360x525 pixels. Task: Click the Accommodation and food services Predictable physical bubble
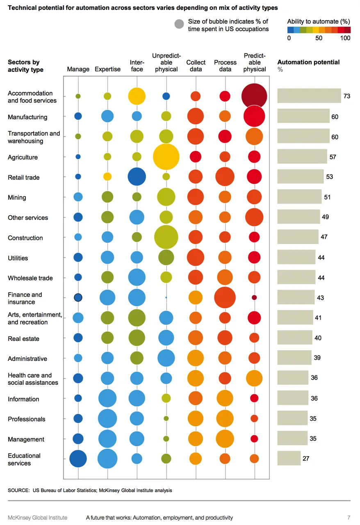pyautogui.click(x=254, y=96)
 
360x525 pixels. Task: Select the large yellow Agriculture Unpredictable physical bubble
pyautogui.click(x=166, y=157)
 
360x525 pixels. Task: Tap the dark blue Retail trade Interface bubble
pyautogui.click(x=137, y=177)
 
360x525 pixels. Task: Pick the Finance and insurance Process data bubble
pyautogui.click(x=225, y=298)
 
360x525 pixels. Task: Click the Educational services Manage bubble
pyautogui.click(x=78, y=459)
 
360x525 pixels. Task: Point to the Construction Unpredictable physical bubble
pyautogui.click(x=166, y=237)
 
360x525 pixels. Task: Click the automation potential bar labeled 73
pyautogui.click(x=309, y=96)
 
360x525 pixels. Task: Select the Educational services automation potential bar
pyautogui.click(x=289, y=459)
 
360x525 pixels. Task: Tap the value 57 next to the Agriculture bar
pyautogui.click(x=333, y=157)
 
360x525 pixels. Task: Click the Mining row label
pyautogui.click(x=17, y=197)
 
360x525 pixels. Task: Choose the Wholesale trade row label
pyautogui.click(x=30, y=278)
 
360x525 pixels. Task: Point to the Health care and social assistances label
pyautogui.click(x=33, y=379)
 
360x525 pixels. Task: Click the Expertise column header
pyautogui.click(x=107, y=69)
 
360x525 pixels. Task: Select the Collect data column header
pyautogui.click(x=196, y=66)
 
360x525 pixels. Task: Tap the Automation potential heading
pyautogui.click(x=308, y=62)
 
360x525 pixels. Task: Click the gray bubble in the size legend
pyautogui.click(x=179, y=25)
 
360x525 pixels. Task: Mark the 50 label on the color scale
pyautogui.click(x=319, y=38)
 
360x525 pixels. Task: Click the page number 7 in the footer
pyautogui.click(x=349, y=518)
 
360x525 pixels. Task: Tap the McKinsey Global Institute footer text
pyautogui.click(x=37, y=518)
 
